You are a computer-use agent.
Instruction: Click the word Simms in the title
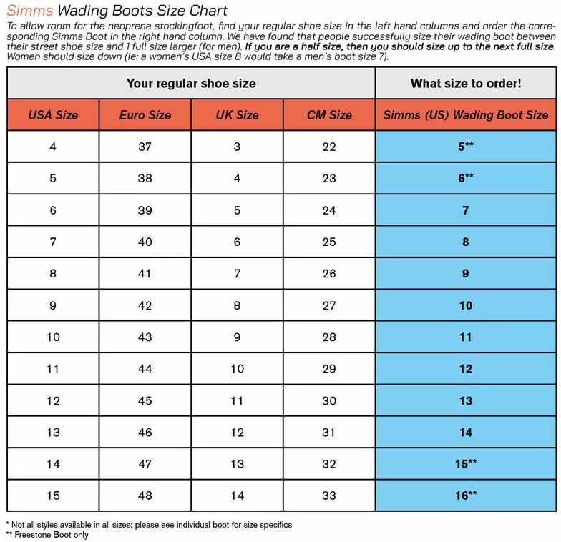point(30,11)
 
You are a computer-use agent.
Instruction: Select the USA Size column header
point(53,114)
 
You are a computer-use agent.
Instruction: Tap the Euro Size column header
point(145,114)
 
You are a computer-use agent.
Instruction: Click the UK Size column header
point(237,114)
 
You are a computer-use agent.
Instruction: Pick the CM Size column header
point(329,114)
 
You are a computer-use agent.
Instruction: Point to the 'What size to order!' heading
point(466,83)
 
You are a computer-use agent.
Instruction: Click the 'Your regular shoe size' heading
point(191,83)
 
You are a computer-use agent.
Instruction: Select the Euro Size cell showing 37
point(145,147)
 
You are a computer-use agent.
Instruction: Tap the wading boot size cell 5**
point(466,147)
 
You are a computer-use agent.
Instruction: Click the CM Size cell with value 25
point(329,242)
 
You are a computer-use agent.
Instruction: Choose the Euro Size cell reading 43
point(145,337)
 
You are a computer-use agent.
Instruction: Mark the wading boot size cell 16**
point(466,495)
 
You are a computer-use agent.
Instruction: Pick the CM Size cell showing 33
point(329,495)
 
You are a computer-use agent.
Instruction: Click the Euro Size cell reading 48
point(145,495)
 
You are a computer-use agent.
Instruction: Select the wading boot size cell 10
point(466,305)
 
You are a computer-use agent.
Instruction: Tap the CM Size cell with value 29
point(329,368)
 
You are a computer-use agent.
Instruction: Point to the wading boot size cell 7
point(466,210)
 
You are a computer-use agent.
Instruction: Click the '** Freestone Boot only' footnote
point(47,535)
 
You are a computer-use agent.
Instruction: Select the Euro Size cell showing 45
point(145,400)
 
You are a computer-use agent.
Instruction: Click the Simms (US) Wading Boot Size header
point(466,114)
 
